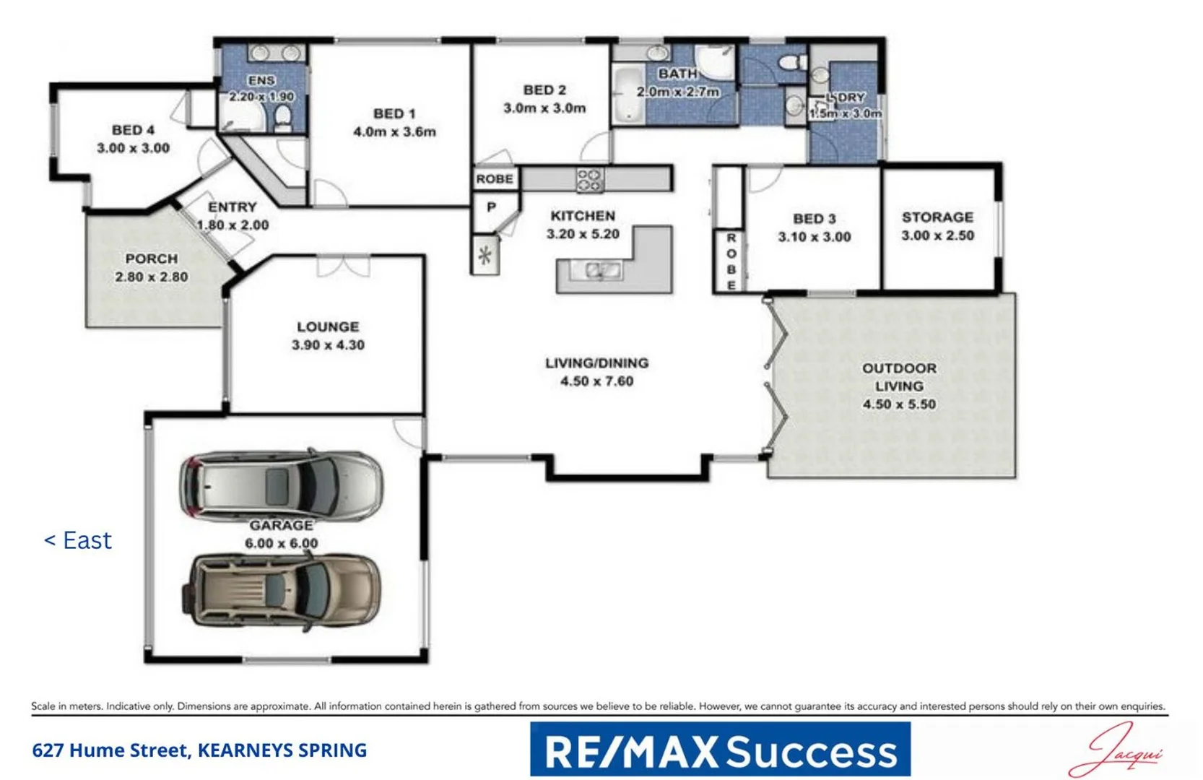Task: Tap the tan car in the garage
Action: [285, 590]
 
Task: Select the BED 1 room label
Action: [394, 113]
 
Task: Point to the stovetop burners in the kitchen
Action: [589, 179]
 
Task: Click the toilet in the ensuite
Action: [283, 118]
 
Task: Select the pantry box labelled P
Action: [492, 208]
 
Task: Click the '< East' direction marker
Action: [78, 540]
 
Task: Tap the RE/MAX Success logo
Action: [720, 750]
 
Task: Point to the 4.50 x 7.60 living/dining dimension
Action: [596, 381]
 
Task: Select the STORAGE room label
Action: [937, 217]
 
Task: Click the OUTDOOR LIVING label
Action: [899, 377]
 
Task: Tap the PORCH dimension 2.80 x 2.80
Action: [152, 277]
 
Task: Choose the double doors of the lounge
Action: [343, 265]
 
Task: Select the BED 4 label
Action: [133, 130]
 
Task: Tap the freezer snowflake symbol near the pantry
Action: [485, 255]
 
